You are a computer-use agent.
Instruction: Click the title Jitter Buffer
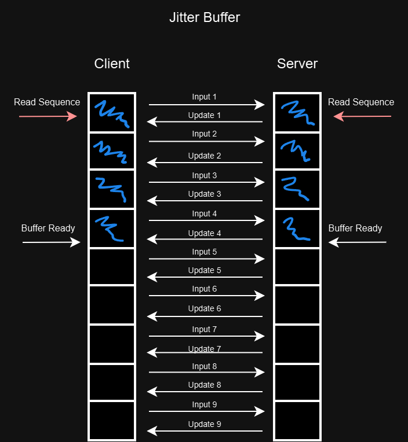point(204,17)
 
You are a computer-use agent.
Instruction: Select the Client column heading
point(112,64)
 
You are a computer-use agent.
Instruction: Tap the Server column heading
point(297,64)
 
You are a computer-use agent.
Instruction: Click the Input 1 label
point(205,97)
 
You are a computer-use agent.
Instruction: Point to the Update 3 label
point(205,194)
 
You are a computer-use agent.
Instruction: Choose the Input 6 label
point(205,289)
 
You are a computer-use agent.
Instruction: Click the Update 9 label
point(205,424)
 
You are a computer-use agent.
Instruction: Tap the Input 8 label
point(205,366)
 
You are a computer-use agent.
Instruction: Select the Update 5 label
point(205,270)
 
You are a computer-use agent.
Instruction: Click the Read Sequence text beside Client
point(47,102)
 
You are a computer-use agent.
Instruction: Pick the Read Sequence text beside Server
point(361,102)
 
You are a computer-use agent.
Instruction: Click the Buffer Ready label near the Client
point(48,228)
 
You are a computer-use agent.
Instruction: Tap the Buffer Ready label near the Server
point(355,228)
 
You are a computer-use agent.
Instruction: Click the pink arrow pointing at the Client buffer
point(48,116)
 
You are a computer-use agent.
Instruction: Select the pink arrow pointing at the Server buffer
point(362,116)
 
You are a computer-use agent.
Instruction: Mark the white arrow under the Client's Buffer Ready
point(51,242)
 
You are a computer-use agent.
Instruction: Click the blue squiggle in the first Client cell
point(112,112)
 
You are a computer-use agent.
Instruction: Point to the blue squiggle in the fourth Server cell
point(297,229)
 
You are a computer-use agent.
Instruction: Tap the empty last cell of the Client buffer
point(112,420)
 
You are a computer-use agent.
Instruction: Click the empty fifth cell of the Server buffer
point(297,267)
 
